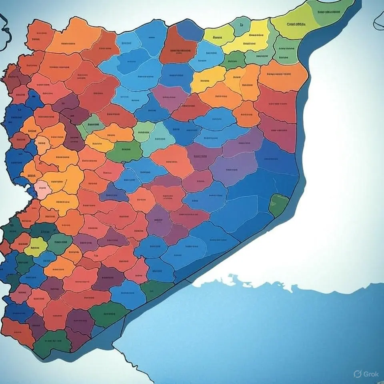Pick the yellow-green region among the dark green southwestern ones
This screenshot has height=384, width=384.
[x=35, y=246]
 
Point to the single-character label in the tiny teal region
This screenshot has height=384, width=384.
[x=241, y=25]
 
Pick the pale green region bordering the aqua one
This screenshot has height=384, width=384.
[x=143, y=132]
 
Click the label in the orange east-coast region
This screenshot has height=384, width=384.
[x=279, y=74]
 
